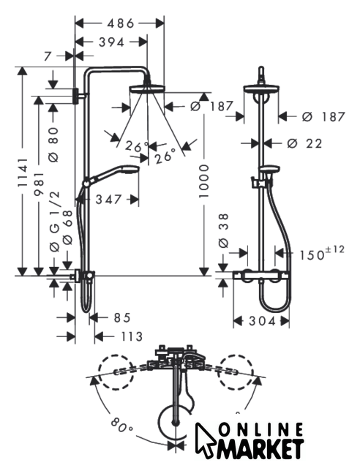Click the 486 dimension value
121,23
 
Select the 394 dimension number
111,42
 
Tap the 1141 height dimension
23,173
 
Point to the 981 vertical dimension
39,184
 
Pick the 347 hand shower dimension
108,200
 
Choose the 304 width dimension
262,321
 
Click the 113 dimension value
132,336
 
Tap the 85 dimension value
122,317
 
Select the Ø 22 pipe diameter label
304,143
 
